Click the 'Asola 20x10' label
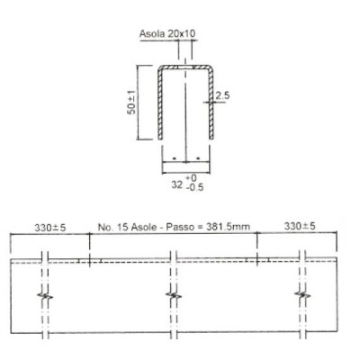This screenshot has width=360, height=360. click(x=167, y=33)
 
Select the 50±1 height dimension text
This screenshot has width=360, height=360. click(x=131, y=103)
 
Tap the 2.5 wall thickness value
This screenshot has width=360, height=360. click(x=222, y=95)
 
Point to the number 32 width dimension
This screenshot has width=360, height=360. click(x=176, y=184)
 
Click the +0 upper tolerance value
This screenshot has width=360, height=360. click(x=191, y=178)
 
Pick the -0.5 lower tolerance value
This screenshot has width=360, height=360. click(x=194, y=187)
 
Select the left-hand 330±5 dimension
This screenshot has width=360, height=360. click(x=49, y=228)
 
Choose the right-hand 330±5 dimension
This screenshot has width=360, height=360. click(x=300, y=226)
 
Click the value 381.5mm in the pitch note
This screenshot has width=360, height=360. click(x=228, y=227)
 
